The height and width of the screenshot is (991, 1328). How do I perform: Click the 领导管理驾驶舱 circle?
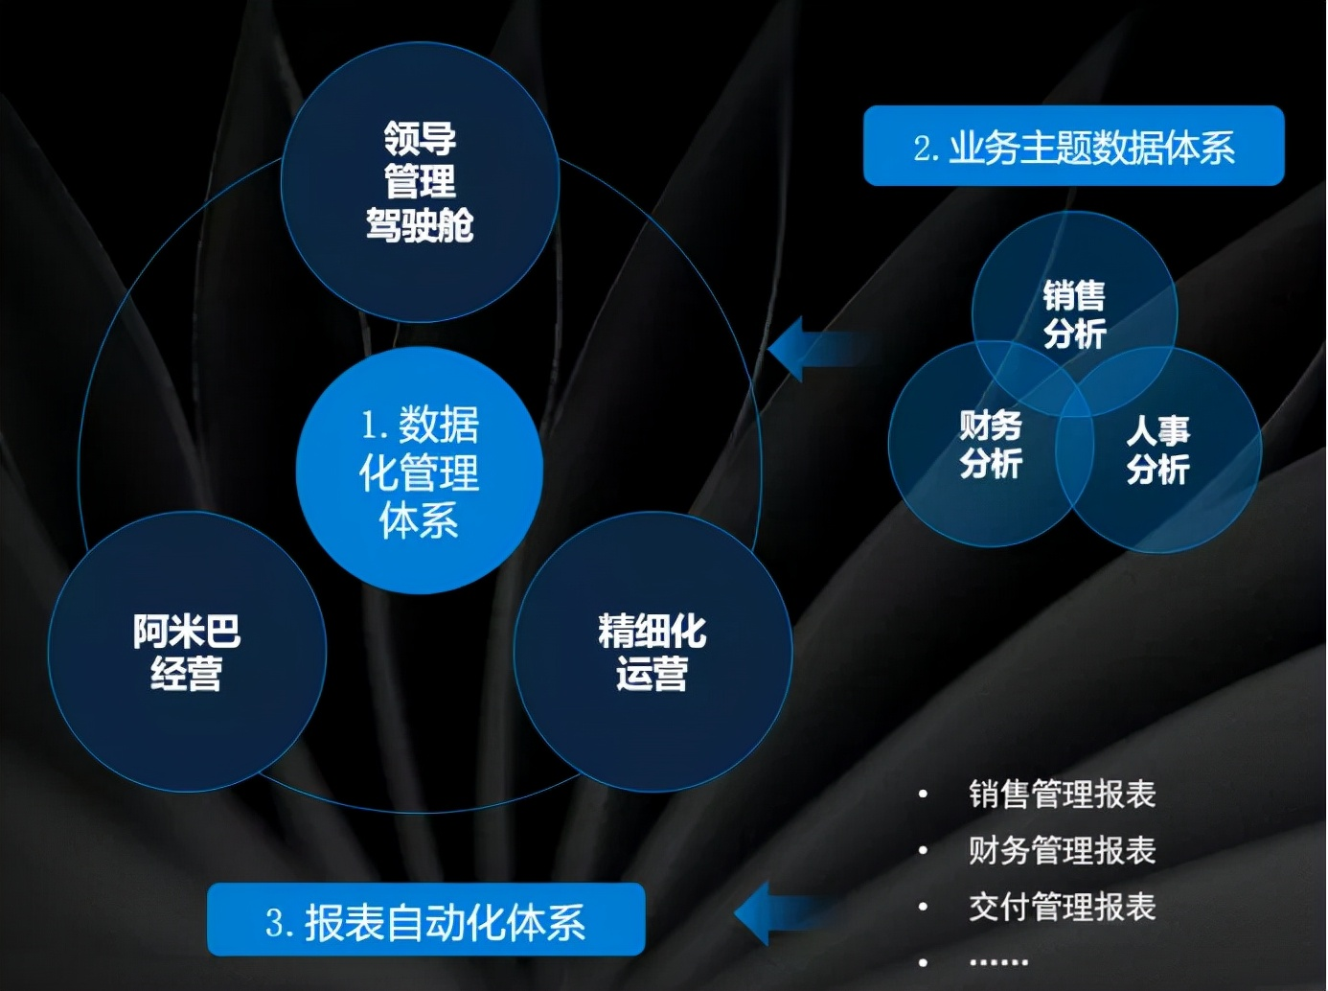coord(420,182)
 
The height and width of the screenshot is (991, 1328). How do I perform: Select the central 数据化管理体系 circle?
coord(420,471)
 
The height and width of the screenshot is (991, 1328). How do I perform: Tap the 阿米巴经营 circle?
coord(187,652)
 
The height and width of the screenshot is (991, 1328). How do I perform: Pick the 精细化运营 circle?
coord(653,652)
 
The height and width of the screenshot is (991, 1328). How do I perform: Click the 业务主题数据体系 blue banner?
coord(1073,146)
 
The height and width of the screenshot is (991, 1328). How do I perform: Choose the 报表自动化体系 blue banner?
coord(426,920)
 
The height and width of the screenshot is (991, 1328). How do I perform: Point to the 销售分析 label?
coord(1074,314)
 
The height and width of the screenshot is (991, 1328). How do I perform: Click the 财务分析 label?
coord(991,444)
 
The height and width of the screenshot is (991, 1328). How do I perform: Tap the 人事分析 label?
coord(1157,449)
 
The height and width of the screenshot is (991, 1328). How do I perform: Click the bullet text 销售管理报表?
coord(1062,795)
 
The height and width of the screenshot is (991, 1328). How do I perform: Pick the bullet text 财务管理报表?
coord(1062,850)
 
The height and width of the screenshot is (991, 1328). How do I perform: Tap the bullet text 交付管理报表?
coord(1062,907)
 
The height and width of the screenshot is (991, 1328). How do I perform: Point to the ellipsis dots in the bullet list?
coord(998,961)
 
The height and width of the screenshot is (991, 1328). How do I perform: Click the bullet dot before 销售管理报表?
coord(923,795)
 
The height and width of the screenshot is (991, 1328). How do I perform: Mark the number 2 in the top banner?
coord(923,149)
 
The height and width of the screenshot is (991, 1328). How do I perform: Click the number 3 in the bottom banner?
coord(276,923)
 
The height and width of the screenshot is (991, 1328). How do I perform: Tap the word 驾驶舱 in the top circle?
coord(420,226)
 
